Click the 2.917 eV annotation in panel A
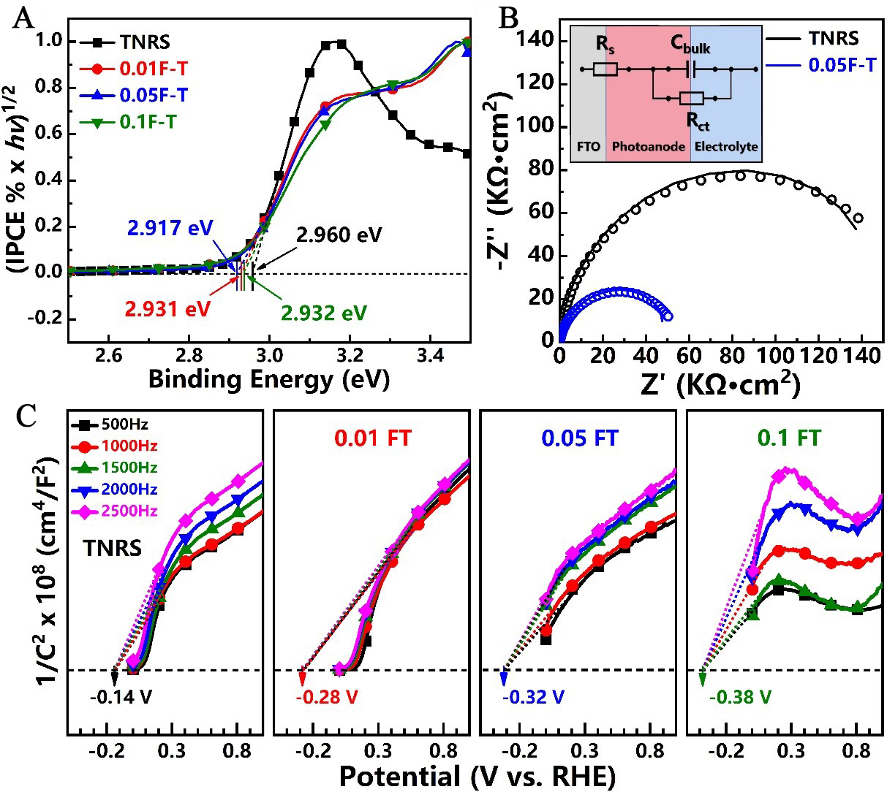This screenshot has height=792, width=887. click(x=167, y=228)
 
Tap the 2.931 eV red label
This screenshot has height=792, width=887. click(x=167, y=309)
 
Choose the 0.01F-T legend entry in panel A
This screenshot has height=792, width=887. click(x=153, y=69)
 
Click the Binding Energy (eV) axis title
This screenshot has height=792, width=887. click(x=268, y=378)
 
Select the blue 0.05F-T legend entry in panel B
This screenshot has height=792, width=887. click(x=842, y=64)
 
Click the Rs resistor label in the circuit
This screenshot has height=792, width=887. click(x=605, y=45)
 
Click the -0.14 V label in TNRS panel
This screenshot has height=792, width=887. click(x=121, y=696)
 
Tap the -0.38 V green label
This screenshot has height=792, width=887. click(x=741, y=696)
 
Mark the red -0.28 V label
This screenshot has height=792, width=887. click(x=326, y=696)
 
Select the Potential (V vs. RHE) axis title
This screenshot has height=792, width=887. click(x=476, y=775)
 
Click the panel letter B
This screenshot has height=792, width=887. click(x=507, y=18)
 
